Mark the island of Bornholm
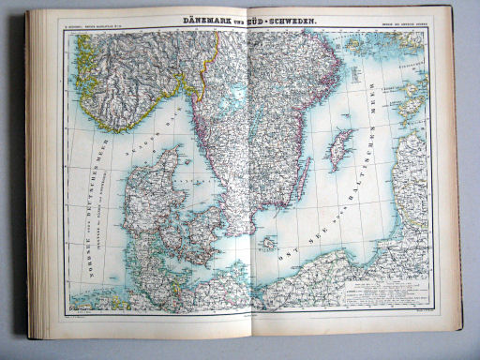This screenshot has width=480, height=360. [269, 243]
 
